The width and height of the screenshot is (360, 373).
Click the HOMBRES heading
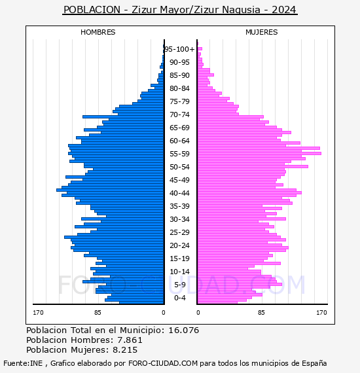[x=98, y=32]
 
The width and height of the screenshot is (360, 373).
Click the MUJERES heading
[x=262, y=32]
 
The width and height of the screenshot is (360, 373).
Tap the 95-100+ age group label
[x=180, y=49]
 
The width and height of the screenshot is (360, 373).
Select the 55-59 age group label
[x=179, y=154]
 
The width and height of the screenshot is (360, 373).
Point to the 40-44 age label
[x=179, y=193]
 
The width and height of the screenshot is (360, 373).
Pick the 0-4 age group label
[x=179, y=298]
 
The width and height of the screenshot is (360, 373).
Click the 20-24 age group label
[x=179, y=245]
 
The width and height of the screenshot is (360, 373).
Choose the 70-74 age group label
[x=179, y=115]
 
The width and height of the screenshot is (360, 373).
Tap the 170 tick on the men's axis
[x=38, y=313]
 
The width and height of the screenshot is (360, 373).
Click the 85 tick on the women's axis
[x=261, y=313]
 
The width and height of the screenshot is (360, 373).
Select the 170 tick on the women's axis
[x=321, y=313]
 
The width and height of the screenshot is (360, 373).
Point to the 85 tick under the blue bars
[x=98, y=313]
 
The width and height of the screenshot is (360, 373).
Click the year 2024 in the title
[x=284, y=10]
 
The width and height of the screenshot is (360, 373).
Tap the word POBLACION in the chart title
[x=92, y=10]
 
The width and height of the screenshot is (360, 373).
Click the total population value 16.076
[x=184, y=330]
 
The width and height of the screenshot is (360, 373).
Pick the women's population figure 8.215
[x=125, y=349]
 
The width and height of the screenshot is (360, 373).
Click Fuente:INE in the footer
[x=23, y=363]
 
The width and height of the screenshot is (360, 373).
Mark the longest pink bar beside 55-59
[x=259, y=153]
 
